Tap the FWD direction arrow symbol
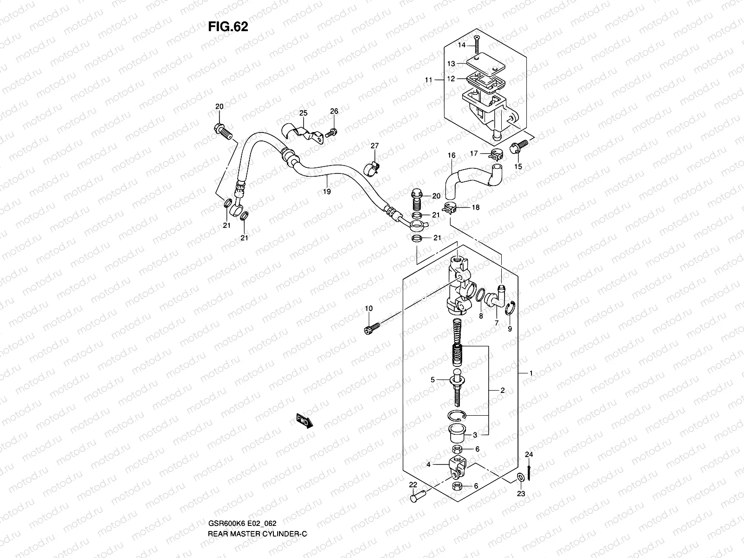point(305,420)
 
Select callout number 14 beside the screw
point(461,45)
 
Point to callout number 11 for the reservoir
point(428,80)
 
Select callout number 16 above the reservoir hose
point(451,155)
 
